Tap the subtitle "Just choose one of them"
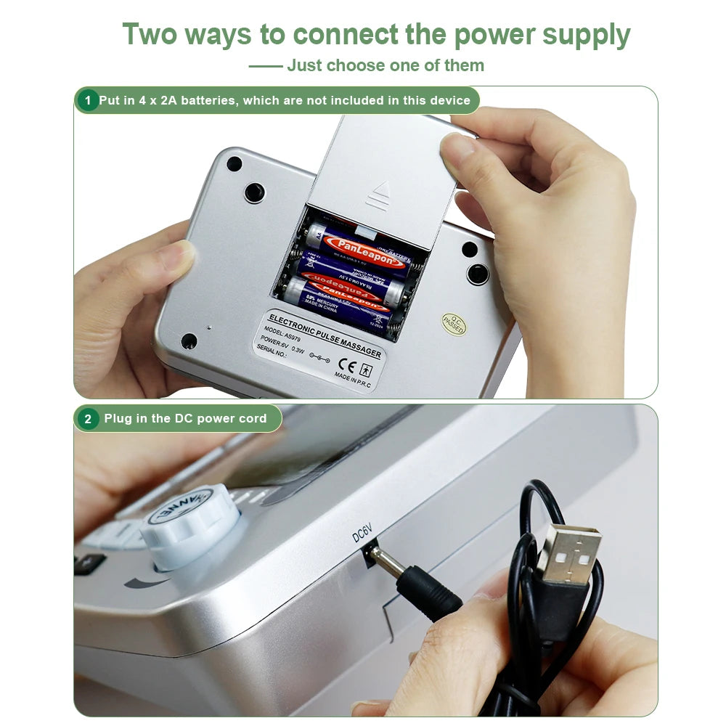385,65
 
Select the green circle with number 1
87,100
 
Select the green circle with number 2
88,418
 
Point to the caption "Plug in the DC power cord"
185,418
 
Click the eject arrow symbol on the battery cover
377,195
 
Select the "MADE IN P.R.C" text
352,380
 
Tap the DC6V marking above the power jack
362,534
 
